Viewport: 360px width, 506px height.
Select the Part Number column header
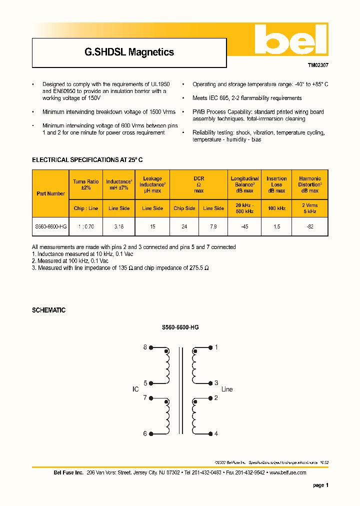[50, 193]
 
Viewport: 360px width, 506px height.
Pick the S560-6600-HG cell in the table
[50, 226]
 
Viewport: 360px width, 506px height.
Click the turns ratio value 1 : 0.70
[86, 226]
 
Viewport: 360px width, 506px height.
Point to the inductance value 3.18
[118, 226]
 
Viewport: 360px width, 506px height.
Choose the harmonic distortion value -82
[309, 226]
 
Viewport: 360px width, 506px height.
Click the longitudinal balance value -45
[244, 226]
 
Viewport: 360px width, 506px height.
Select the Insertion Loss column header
[276, 184]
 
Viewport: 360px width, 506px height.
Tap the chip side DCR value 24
[184, 226]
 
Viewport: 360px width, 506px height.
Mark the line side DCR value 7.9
[213, 226]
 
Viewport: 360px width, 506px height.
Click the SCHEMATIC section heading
[48, 310]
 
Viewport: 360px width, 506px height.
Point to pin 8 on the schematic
[145, 347]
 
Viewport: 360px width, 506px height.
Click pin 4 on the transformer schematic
[216, 433]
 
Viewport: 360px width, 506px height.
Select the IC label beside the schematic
[135, 389]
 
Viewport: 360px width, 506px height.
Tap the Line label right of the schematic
[226, 389]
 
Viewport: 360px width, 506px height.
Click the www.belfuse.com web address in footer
[287, 472]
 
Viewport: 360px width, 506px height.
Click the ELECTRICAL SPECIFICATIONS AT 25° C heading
[87, 160]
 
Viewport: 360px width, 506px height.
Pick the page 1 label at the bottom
[320, 485]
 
